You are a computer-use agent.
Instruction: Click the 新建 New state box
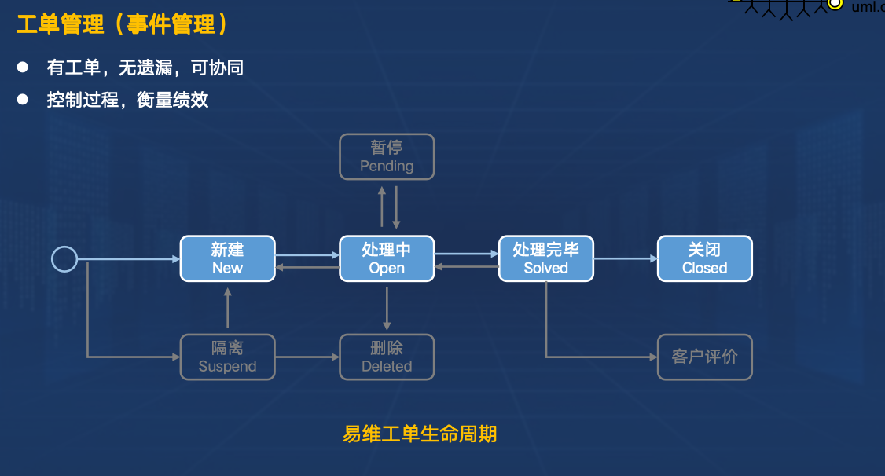pyautogui.click(x=228, y=258)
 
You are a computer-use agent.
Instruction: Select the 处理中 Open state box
pyautogui.click(x=387, y=258)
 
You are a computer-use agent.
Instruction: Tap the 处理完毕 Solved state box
pyautogui.click(x=546, y=258)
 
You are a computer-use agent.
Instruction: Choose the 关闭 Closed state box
pyautogui.click(x=705, y=258)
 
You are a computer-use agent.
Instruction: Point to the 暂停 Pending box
pyautogui.click(x=387, y=156)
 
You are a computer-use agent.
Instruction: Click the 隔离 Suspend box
pyautogui.click(x=228, y=357)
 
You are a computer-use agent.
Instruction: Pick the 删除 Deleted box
pyautogui.click(x=387, y=357)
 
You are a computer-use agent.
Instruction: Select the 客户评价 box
pyautogui.click(x=705, y=357)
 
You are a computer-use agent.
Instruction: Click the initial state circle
pyautogui.click(x=64, y=258)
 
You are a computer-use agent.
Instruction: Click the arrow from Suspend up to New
pyautogui.click(x=228, y=308)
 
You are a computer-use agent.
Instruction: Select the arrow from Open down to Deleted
pyautogui.click(x=387, y=308)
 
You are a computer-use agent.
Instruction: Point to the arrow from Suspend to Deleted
pyautogui.click(x=307, y=357)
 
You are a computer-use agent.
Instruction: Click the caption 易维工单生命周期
pyautogui.click(x=420, y=434)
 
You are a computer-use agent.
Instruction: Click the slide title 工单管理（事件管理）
pyautogui.click(x=123, y=24)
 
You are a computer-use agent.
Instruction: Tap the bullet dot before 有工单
pyautogui.click(x=23, y=68)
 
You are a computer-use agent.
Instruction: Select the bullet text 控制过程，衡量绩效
pyautogui.click(x=127, y=100)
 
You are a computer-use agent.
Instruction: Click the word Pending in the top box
pyautogui.click(x=387, y=167)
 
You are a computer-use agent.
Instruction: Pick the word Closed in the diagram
pyautogui.click(x=705, y=268)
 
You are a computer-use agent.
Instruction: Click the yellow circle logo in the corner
pyautogui.click(x=835, y=4)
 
